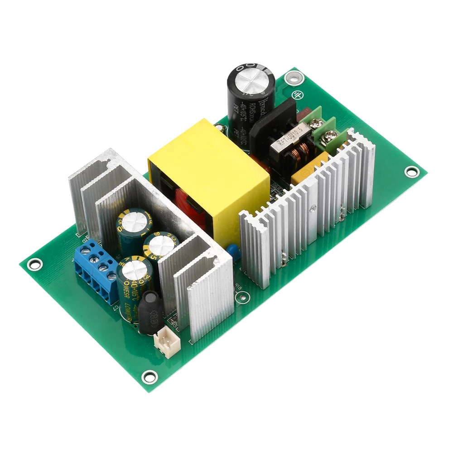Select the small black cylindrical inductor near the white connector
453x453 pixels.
coord(150,312)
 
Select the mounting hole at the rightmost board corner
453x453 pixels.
coord(411,172)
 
